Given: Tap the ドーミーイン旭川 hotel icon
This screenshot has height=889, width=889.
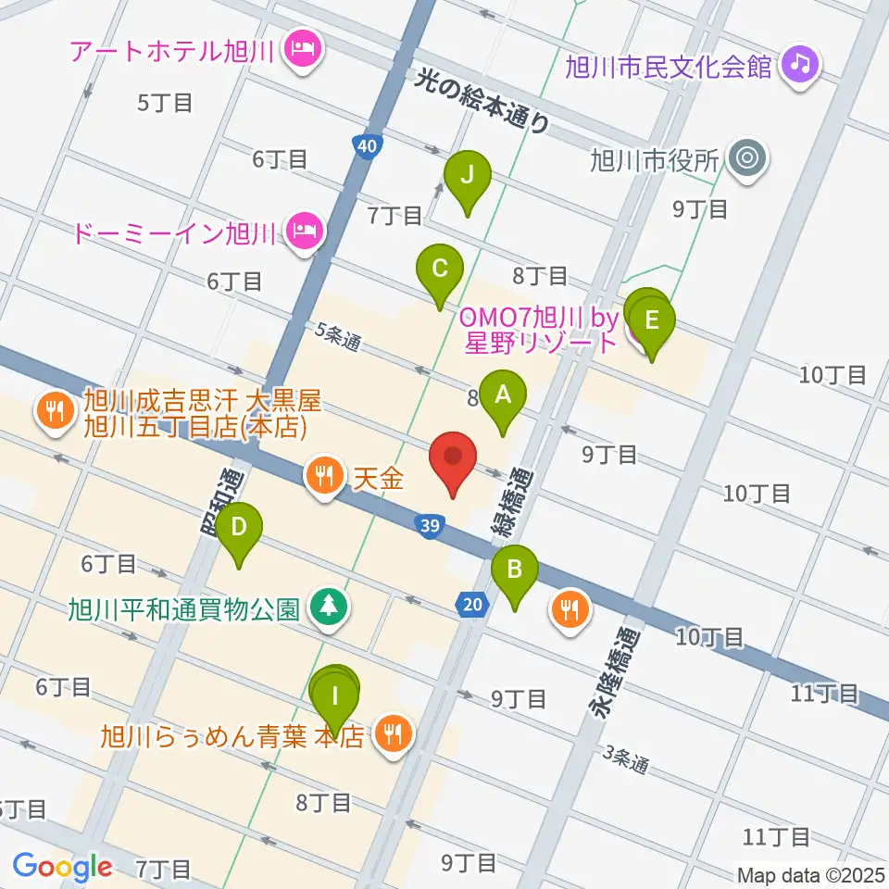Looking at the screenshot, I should tap(302, 230).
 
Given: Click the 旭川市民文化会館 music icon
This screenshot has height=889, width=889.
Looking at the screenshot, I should tap(796, 63).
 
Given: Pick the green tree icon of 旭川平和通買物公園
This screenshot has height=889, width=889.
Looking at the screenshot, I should tap(328, 607).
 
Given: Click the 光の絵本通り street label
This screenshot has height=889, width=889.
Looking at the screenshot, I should tap(482, 101).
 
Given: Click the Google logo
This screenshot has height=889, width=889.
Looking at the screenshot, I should tap(62, 866).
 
